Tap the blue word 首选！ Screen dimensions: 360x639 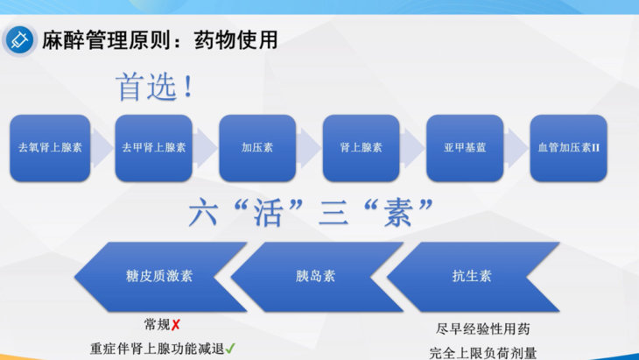pyautogui.click(x=154, y=87)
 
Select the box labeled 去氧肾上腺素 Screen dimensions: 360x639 pyautogui.click(x=50, y=147)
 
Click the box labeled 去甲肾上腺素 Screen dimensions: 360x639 pyautogui.click(x=154, y=147)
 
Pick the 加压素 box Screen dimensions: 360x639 pyautogui.click(x=257, y=147)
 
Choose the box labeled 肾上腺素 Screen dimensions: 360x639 pyautogui.click(x=361, y=147)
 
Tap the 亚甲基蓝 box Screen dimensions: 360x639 pyautogui.click(x=465, y=147)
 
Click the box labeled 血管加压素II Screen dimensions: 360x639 pyautogui.click(x=568, y=147)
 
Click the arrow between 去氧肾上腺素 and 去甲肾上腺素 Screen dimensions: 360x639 pyautogui.click(x=102, y=147)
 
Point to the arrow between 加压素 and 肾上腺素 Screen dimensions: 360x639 pyautogui.click(x=309, y=147)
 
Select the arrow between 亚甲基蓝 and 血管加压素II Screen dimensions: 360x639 pyautogui.click(x=516, y=147)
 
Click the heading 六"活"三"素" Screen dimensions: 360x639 pyautogui.click(x=312, y=211)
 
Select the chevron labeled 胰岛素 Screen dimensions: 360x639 pyautogui.click(x=315, y=276)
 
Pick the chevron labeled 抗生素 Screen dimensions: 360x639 pyautogui.click(x=473, y=276)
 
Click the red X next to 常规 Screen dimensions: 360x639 pyautogui.click(x=176, y=324)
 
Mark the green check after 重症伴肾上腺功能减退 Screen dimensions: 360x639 pyautogui.click(x=230, y=348)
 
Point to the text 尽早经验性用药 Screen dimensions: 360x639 pyautogui.click(x=482, y=329)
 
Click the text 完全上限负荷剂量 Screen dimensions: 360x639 pyautogui.click(x=483, y=352)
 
